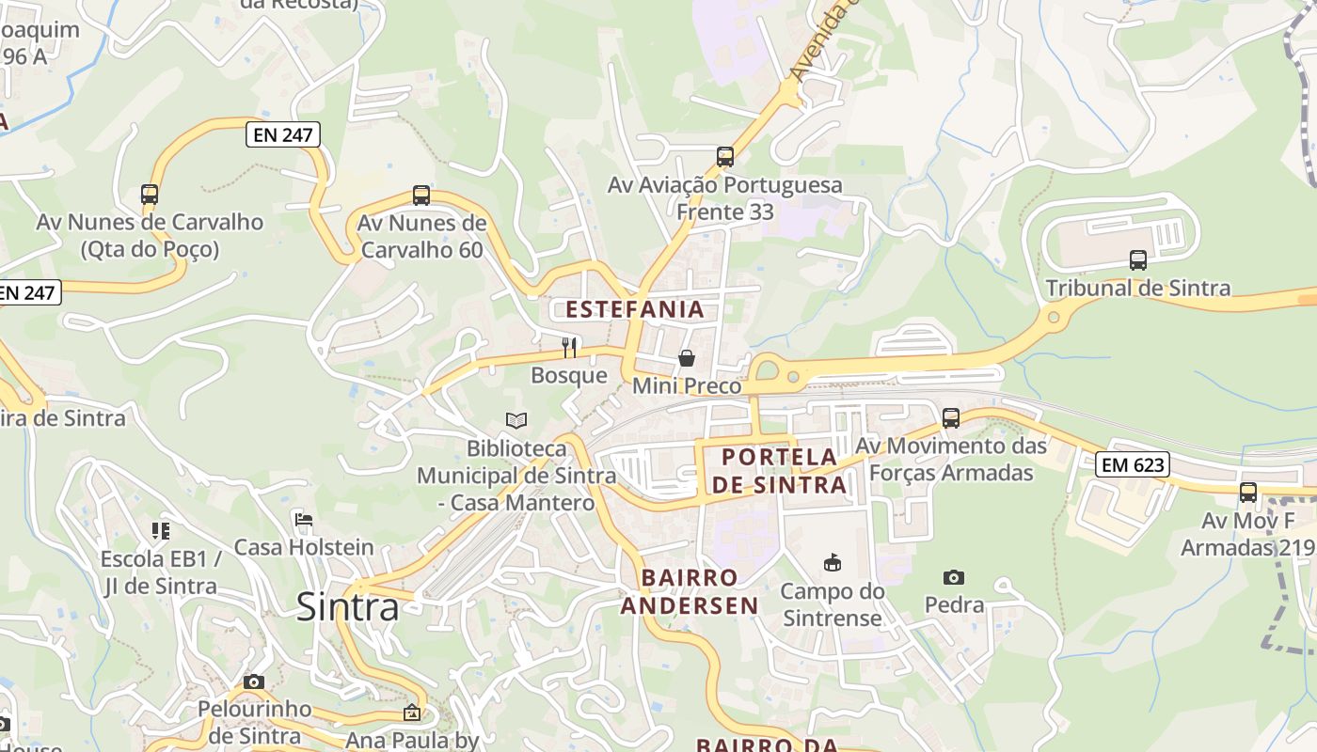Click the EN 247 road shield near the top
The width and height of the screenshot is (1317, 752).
[283, 135]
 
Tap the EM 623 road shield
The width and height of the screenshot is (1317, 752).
[1133, 463]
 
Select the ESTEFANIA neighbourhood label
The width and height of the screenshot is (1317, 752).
[634, 309]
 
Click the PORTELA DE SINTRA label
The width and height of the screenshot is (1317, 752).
[779, 471]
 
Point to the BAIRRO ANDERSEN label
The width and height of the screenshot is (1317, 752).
[690, 591]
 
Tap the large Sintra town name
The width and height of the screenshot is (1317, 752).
[347, 607]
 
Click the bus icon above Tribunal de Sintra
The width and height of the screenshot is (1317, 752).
[1138, 260]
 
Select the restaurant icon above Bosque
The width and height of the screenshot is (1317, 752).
[569, 348]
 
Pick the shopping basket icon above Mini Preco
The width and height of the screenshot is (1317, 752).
[687, 358]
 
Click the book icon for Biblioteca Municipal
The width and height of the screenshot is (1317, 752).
[516, 420]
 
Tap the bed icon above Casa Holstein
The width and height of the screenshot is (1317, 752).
[303, 519]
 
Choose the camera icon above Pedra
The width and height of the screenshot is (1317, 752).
[954, 577]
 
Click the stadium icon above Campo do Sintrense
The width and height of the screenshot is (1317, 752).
[833, 563]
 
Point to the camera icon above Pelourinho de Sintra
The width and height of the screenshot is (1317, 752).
[254, 682]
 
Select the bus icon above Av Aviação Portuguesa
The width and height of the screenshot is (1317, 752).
[724, 157]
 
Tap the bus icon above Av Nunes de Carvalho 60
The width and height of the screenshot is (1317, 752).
[421, 196]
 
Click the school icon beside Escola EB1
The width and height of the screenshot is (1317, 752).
[161, 531]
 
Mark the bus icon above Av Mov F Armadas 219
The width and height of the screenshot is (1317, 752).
[1248, 492]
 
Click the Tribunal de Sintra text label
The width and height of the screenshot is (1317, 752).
[1137, 289]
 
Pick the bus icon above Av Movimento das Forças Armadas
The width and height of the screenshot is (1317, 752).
[951, 418]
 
